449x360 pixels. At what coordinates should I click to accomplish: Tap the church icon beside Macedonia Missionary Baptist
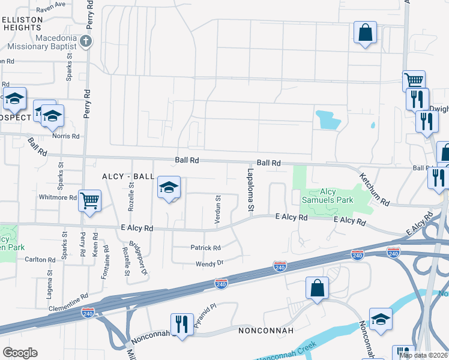86,41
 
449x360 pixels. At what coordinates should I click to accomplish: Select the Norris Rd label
65,136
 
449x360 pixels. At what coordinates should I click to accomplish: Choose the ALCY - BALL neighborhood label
128,176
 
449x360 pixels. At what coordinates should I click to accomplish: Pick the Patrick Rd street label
205,248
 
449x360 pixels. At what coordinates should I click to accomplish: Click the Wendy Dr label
209,263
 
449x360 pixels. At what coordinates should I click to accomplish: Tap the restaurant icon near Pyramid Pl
181,324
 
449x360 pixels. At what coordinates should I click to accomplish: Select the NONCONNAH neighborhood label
265,331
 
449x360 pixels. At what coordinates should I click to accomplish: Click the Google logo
20,353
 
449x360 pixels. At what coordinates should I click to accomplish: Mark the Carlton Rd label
40,260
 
